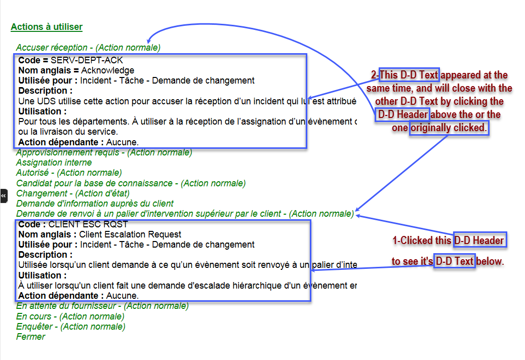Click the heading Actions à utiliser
[x=47, y=27]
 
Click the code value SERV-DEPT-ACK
[x=87, y=60]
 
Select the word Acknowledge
[x=107, y=70]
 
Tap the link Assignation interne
[x=54, y=163]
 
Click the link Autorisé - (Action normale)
[x=69, y=173]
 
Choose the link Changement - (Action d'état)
[x=73, y=193]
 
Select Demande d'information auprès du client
[x=95, y=204]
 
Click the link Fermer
[x=30, y=337]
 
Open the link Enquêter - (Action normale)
[x=71, y=327]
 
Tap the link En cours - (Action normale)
[x=70, y=316]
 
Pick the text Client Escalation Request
[x=130, y=234]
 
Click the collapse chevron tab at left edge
[x=4, y=196]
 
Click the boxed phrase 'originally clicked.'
[x=449, y=128]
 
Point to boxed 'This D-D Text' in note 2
[x=409, y=74]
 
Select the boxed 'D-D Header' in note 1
[x=480, y=240]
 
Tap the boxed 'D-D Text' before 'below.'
[x=455, y=261]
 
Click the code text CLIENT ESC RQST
[x=88, y=224]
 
